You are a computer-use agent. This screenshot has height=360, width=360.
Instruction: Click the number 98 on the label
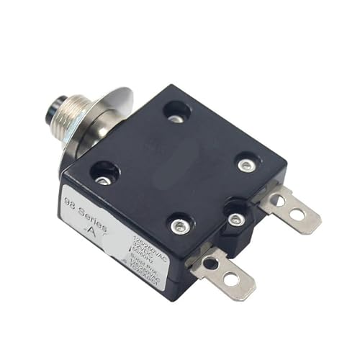pos(71,201)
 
